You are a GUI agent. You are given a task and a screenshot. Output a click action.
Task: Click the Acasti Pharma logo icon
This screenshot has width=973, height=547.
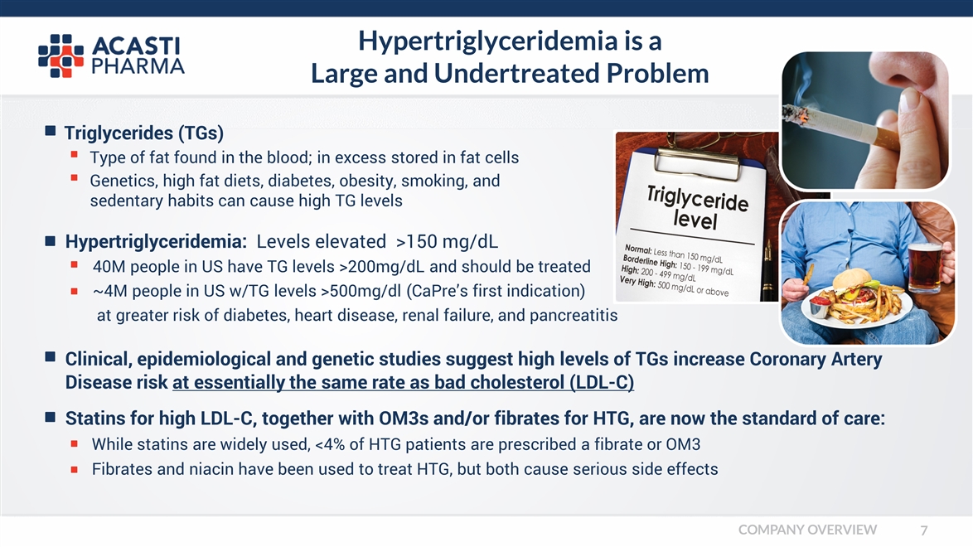tap(61, 56)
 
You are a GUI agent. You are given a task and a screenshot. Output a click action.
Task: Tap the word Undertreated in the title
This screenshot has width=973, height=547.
tap(516, 73)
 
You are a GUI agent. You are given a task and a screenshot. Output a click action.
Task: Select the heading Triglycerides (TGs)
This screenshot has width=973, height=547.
tap(144, 133)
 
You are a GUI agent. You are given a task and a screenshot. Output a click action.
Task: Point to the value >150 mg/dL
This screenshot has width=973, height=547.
tap(447, 241)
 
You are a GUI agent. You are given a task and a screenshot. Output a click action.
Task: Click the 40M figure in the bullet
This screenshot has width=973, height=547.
tap(109, 266)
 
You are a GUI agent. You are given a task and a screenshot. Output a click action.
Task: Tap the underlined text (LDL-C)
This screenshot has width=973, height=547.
tap(602, 382)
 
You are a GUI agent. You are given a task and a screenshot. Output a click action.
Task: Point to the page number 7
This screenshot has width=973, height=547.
tap(924, 530)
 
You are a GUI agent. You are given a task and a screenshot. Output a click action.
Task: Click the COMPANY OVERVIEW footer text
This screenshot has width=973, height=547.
tap(807, 530)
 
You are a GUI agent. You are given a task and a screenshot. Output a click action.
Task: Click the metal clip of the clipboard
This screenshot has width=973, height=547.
tap(697, 160)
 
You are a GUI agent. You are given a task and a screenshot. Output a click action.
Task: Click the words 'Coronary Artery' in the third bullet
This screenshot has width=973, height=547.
tap(816, 359)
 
